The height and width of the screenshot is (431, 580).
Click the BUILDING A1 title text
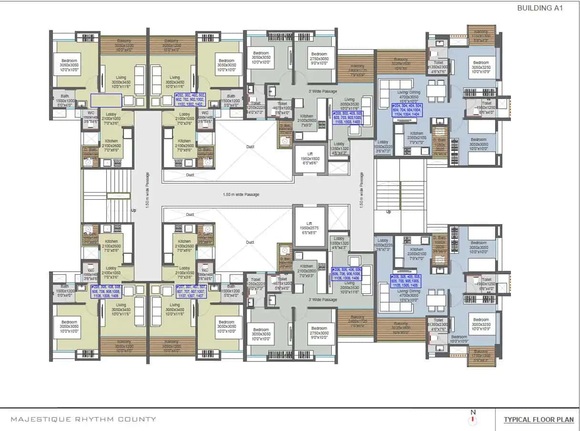coord(539,8)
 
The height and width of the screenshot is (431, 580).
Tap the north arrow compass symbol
coord(473,418)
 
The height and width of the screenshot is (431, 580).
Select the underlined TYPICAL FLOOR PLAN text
coord(539,420)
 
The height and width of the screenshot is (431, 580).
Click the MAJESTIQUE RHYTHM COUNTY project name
coord(83,420)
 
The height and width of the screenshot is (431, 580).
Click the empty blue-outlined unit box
coord(105,100)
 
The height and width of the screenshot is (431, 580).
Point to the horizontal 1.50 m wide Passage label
coord(241,195)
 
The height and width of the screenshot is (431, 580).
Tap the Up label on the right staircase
coord(388,212)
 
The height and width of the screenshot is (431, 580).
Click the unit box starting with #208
coord(106,292)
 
